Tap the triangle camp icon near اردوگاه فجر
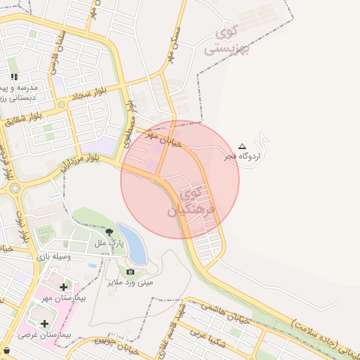pyautogui.click(x=243, y=146)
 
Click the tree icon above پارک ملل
pyautogui.click(x=109, y=232)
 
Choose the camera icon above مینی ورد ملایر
pyautogui.click(x=130, y=272)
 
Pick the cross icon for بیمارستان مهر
pyautogui.click(x=64, y=287)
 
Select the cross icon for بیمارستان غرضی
pyautogui.click(x=45, y=323)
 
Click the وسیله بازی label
pyautogui.click(x=53, y=257)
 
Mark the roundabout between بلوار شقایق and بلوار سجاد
pyautogui.click(x=61, y=105)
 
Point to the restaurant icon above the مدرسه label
pyautogui.click(x=14, y=77)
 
